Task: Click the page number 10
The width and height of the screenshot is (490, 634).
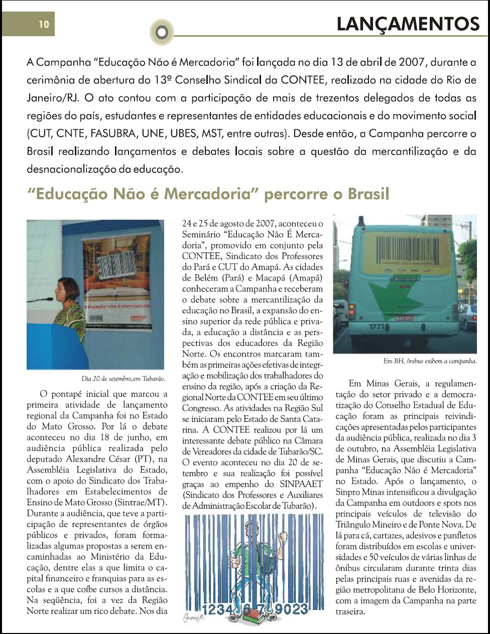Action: [44, 24]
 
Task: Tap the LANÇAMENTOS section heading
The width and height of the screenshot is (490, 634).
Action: [408, 24]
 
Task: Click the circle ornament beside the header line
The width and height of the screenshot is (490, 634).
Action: [161, 32]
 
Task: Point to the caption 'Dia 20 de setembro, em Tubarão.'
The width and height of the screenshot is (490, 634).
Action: [123, 378]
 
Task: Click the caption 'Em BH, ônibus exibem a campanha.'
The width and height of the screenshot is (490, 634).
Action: [429, 361]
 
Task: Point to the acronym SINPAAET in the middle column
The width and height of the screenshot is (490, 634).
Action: [297, 484]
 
